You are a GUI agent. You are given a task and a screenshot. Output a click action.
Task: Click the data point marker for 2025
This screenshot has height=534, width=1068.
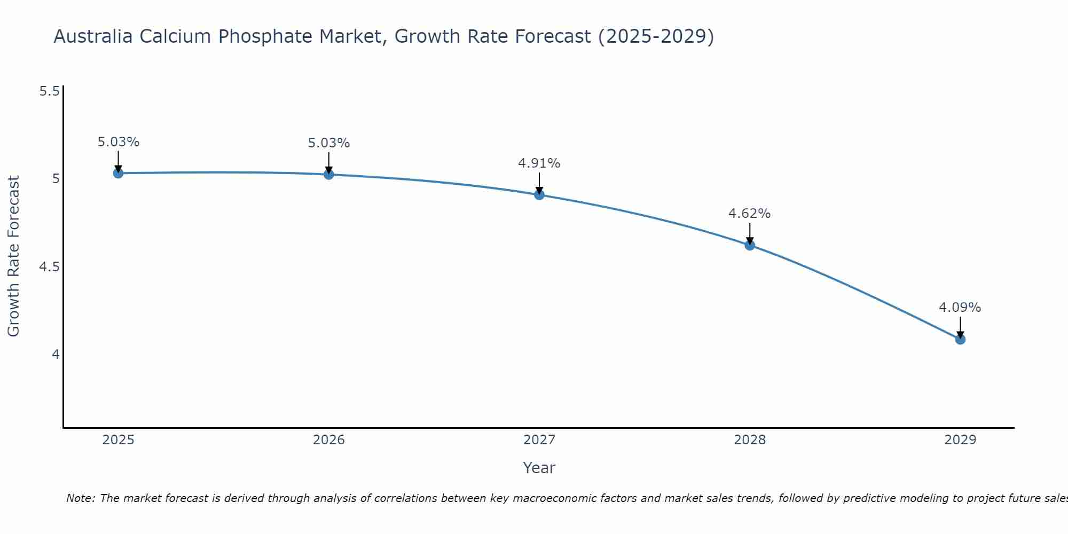[x=118, y=173]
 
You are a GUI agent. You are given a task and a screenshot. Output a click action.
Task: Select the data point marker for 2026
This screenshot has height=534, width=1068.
[x=328, y=174]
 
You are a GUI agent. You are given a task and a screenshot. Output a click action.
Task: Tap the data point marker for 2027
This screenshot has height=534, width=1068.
[x=539, y=195]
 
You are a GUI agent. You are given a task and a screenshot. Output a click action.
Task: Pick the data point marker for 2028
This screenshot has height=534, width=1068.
[x=750, y=245]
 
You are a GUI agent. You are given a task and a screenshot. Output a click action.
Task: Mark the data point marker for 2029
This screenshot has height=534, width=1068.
[x=960, y=339]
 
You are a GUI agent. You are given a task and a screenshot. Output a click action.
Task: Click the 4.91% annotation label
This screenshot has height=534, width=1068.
[x=539, y=163]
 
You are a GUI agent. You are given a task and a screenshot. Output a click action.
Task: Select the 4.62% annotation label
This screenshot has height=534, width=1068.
[x=749, y=214]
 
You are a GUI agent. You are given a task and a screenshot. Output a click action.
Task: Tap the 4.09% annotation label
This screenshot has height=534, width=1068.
[x=960, y=308]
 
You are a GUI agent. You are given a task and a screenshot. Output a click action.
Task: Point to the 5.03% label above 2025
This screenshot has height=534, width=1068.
[x=118, y=142]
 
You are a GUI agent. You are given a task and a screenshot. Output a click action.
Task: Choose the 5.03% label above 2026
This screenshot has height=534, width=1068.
[x=328, y=143]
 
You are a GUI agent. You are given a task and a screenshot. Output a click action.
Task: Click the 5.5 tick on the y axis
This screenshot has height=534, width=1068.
[x=49, y=91]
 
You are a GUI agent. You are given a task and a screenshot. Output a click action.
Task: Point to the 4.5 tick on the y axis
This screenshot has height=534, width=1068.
[x=49, y=266]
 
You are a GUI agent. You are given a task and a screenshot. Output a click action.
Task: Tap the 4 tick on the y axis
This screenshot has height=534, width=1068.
[x=56, y=354]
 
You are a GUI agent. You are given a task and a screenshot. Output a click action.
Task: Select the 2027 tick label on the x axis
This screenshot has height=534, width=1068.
[x=539, y=440]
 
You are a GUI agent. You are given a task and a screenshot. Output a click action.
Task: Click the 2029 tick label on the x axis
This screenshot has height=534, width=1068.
[x=960, y=440]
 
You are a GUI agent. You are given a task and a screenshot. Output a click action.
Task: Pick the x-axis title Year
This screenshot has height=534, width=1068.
[x=539, y=468]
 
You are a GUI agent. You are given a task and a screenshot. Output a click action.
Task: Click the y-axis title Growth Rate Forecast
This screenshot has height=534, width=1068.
[x=13, y=256]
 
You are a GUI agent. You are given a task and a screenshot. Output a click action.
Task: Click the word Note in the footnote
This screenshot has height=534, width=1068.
[x=80, y=498]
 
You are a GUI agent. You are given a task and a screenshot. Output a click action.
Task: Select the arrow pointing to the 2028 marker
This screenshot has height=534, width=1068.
[x=750, y=233]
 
